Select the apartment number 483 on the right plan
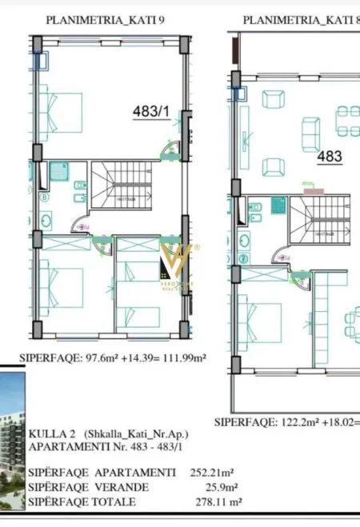[x=330, y=157]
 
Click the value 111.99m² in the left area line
[x=181, y=357]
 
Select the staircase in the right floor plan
[x=315, y=219]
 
